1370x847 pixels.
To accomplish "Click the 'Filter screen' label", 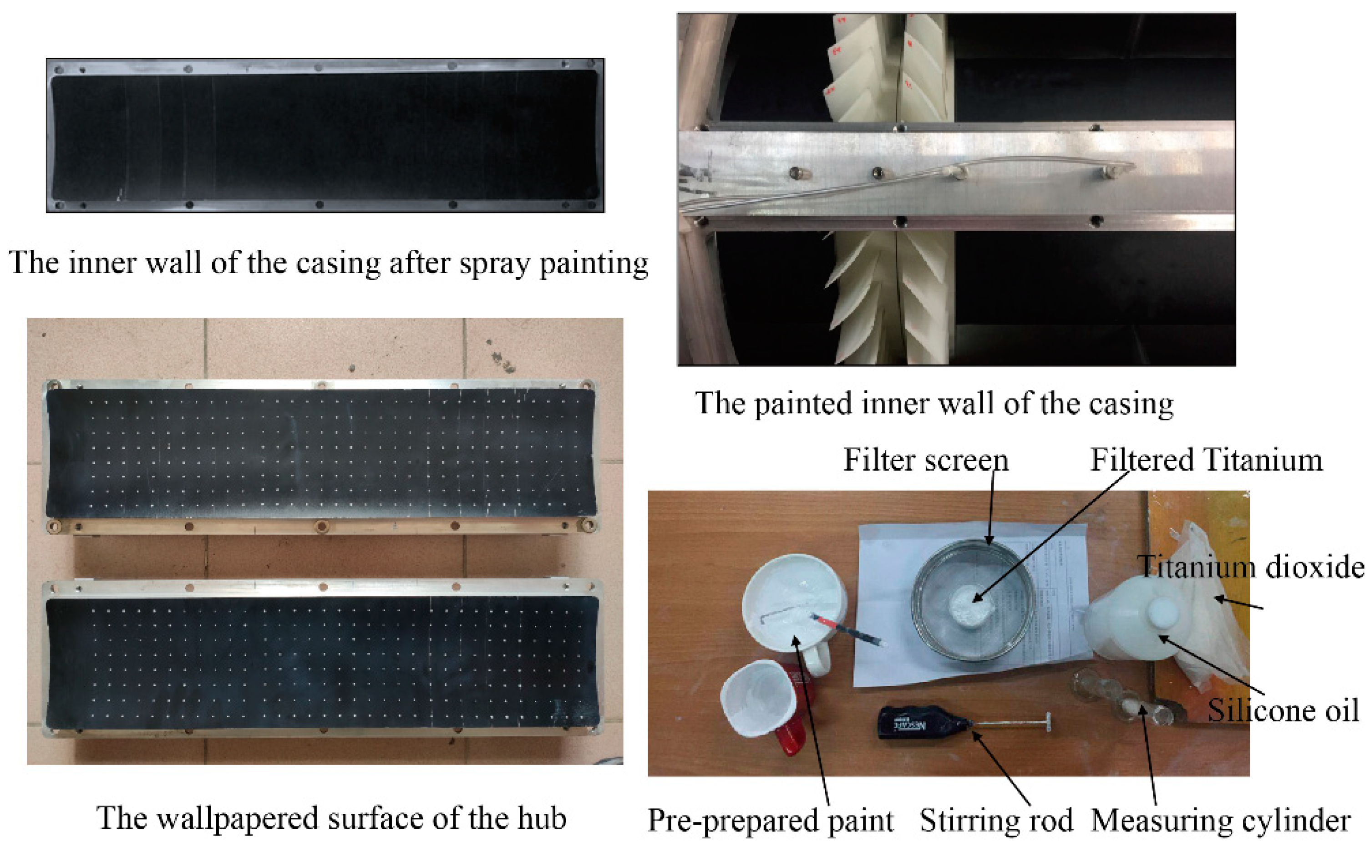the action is tap(925, 460).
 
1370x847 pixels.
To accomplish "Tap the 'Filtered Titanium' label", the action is tap(1206, 460).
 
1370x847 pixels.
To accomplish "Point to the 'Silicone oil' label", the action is tap(1283, 710).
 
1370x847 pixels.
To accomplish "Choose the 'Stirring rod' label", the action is tap(996, 821).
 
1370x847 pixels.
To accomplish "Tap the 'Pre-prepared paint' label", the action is tap(771, 821).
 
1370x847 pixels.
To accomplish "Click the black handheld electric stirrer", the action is tap(924, 722).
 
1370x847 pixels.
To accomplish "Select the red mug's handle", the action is tap(792, 740).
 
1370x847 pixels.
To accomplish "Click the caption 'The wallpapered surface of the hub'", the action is tap(332, 818).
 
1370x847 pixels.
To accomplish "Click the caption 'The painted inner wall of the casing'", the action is tap(934, 404).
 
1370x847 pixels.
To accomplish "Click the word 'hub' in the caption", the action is tap(542, 818).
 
